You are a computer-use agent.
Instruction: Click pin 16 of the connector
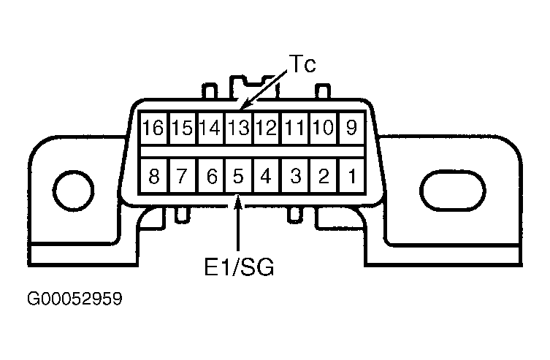153,128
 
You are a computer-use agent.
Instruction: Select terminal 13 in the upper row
238,128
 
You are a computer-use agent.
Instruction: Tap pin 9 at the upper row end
352,128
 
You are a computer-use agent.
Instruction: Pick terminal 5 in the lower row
238,175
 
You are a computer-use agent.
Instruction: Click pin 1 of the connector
352,175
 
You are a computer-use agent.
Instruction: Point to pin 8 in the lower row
154,175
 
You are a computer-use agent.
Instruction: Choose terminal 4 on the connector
266,175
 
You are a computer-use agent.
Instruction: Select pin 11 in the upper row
294,128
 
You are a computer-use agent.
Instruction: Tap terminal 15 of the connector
183,128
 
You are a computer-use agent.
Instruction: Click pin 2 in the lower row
324,175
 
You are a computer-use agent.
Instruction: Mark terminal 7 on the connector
183,175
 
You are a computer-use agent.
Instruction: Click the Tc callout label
302,64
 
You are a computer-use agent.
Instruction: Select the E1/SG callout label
239,267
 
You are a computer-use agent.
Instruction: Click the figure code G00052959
75,299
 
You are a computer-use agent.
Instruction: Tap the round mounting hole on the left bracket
73,191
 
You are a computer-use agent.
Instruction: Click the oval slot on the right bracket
453,191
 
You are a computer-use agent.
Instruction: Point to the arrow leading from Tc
264,90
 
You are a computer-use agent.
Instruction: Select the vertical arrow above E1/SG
238,223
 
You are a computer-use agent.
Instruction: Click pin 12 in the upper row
266,128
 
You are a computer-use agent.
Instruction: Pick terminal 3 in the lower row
295,175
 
